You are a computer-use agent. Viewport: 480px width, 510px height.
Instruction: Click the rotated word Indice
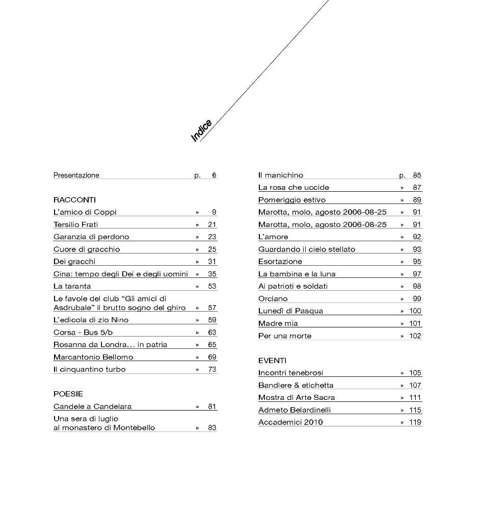(201, 131)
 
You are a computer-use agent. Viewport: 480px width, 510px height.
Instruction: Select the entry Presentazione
(76, 175)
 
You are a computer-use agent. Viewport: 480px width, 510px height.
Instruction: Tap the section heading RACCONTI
(74, 200)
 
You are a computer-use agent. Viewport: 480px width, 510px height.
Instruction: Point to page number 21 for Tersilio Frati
(212, 224)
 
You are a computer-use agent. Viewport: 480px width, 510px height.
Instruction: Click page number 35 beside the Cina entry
(212, 274)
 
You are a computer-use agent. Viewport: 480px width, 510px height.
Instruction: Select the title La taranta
(72, 286)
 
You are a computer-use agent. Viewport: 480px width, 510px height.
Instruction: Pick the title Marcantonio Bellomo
(93, 357)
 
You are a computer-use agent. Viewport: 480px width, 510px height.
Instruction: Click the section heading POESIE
(68, 394)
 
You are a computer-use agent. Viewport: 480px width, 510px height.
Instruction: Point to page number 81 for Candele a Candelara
(212, 406)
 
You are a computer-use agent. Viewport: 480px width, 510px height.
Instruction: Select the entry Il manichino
(281, 175)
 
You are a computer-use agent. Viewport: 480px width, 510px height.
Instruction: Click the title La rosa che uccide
(294, 187)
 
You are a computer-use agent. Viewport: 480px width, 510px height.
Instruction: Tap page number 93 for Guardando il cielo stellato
(417, 249)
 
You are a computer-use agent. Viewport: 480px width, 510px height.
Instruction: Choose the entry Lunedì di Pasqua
(290, 311)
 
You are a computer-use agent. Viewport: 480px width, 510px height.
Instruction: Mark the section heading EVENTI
(272, 360)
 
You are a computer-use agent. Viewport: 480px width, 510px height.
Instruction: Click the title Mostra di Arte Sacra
(297, 397)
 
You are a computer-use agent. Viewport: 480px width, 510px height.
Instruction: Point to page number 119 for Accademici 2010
(415, 422)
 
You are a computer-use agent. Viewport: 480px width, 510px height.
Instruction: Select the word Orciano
(273, 298)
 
